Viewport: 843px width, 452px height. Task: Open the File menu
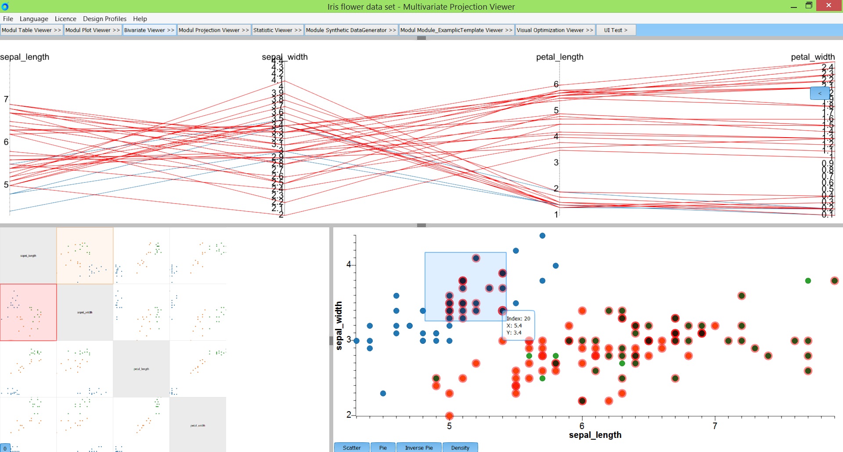coord(8,19)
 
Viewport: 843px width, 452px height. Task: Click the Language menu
coord(34,19)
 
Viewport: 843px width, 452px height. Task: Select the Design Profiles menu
coord(104,19)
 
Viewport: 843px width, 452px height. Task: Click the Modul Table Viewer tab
coord(32,30)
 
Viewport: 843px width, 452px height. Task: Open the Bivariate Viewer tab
coord(149,30)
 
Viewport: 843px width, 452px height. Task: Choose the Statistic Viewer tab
coord(277,30)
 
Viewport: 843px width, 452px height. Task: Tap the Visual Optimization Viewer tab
coord(555,30)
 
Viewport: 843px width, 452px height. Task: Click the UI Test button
coord(616,30)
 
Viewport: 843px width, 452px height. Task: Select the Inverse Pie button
coord(419,448)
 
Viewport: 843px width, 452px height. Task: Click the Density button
coord(460,448)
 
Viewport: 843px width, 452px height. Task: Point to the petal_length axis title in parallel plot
coord(560,57)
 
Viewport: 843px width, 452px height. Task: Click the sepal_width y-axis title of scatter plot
coord(339,325)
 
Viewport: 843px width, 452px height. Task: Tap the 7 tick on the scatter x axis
coord(715,426)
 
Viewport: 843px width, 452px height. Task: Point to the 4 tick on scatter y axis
coord(349,264)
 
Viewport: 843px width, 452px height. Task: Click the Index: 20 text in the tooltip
coord(519,318)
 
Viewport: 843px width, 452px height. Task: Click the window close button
coord(829,6)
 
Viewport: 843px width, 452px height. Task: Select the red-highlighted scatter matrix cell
coord(29,312)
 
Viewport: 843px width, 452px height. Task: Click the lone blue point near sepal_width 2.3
coord(383,393)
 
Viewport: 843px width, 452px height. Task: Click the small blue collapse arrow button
coord(820,93)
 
